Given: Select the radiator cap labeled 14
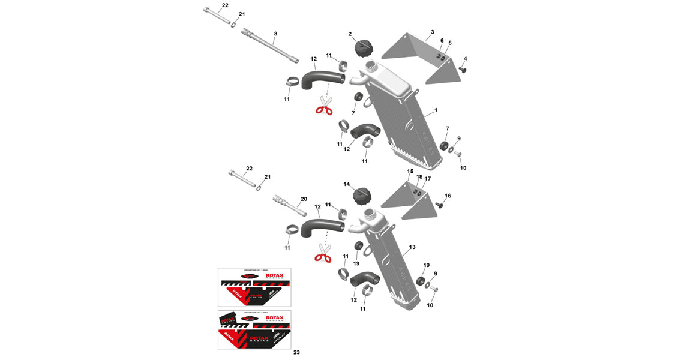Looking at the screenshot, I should (363, 196).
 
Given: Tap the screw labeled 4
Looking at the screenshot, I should (463, 70).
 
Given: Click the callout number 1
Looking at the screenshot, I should (436, 110).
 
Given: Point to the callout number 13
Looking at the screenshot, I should (412, 247).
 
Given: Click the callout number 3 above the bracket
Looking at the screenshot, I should (432, 31).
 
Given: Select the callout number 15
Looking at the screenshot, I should (410, 172).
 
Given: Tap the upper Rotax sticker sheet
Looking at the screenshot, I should (254, 287).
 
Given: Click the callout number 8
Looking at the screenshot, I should (275, 35).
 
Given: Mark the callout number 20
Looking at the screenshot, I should (304, 199).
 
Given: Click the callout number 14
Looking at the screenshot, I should (346, 184).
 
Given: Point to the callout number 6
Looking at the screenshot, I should (442, 41).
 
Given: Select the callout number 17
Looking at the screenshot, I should (428, 179).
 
